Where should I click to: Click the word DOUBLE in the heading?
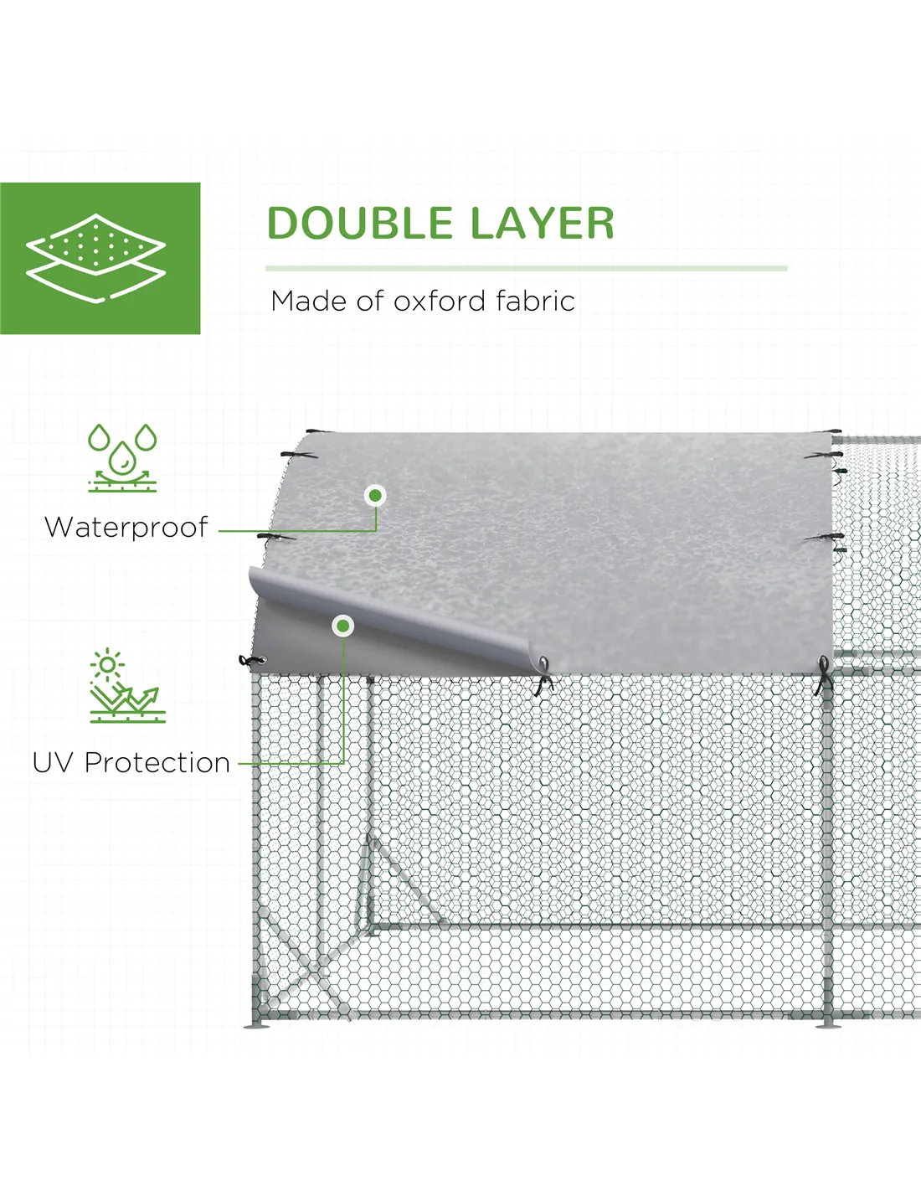tap(360, 223)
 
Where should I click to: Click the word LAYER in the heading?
tap(543, 223)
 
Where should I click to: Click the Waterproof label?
tap(126, 528)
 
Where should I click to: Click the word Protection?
tap(157, 762)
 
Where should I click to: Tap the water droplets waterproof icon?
tap(122, 457)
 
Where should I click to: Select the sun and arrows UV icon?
tap(127, 686)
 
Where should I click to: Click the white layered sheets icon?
tap(96, 258)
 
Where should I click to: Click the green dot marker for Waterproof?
tap(375, 496)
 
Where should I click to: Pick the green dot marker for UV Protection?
tap(343, 626)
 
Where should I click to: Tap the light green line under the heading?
tap(526, 269)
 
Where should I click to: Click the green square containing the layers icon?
tap(100, 258)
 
